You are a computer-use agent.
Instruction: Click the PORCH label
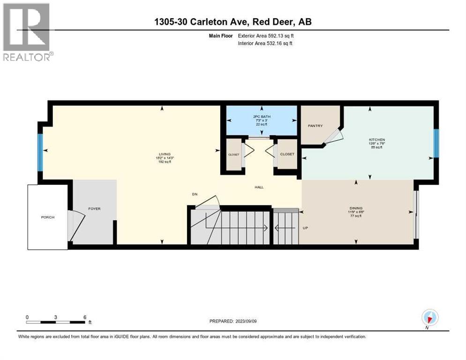[x=47, y=217]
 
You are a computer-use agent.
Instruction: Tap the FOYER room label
[x=94, y=209]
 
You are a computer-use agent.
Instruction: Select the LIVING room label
[x=164, y=154]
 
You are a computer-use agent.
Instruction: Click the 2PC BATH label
[x=262, y=116]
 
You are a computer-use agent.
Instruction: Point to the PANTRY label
[x=315, y=126]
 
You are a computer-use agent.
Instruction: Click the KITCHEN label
[x=376, y=140]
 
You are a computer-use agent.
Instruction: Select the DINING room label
[x=356, y=208]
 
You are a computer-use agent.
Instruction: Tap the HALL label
[x=259, y=187]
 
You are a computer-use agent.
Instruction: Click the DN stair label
[x=195, y=194]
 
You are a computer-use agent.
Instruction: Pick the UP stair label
[x=305, y=228]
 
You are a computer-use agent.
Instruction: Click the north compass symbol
[x=429, y=318]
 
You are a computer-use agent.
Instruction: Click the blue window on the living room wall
[x=40, y=152]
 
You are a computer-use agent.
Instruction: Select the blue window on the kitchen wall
[x=436, y=143]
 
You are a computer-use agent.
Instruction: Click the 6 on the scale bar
[x=84, y=317]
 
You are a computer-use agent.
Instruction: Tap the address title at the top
[x=233, y=22]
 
